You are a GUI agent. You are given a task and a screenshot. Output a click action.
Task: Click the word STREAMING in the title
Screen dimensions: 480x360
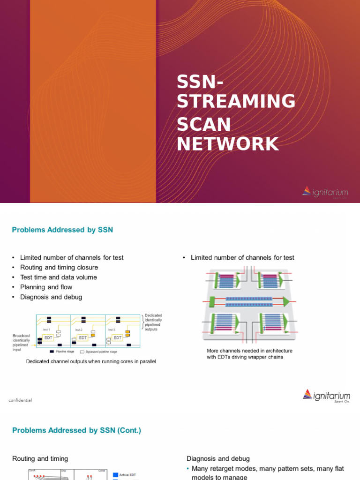click(x=236, y=101)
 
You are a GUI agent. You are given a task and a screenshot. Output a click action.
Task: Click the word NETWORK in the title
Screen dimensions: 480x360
click(x=228, y=143)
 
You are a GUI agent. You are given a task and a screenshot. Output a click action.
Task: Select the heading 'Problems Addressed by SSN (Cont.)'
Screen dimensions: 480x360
click(x=76, y=430)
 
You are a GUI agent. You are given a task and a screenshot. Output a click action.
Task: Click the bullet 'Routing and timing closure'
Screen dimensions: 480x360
click(x=59, y=267)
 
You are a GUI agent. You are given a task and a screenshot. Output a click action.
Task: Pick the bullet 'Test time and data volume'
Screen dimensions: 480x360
click(x=59, y=277)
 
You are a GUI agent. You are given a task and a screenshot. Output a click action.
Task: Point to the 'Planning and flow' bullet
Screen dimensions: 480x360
click(x=46, y=287)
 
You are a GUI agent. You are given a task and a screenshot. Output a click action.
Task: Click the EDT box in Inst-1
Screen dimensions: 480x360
click(x=48, y=337)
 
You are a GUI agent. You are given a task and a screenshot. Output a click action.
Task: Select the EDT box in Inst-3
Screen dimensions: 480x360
click(x=117, y=337)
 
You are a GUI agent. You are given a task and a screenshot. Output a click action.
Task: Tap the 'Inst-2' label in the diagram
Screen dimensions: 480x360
click(x=79, y=330)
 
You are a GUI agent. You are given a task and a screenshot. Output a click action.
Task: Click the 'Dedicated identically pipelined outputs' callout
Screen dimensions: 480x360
click(x=153, y=322)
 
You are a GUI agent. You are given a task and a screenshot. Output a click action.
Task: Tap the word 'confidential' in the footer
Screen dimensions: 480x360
click(x=20, y=400)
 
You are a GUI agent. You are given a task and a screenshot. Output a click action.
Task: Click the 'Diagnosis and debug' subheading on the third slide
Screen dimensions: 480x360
click(x=218, y=458)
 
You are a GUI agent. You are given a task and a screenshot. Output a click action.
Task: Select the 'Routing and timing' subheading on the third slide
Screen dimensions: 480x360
click(x=40, y=458)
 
